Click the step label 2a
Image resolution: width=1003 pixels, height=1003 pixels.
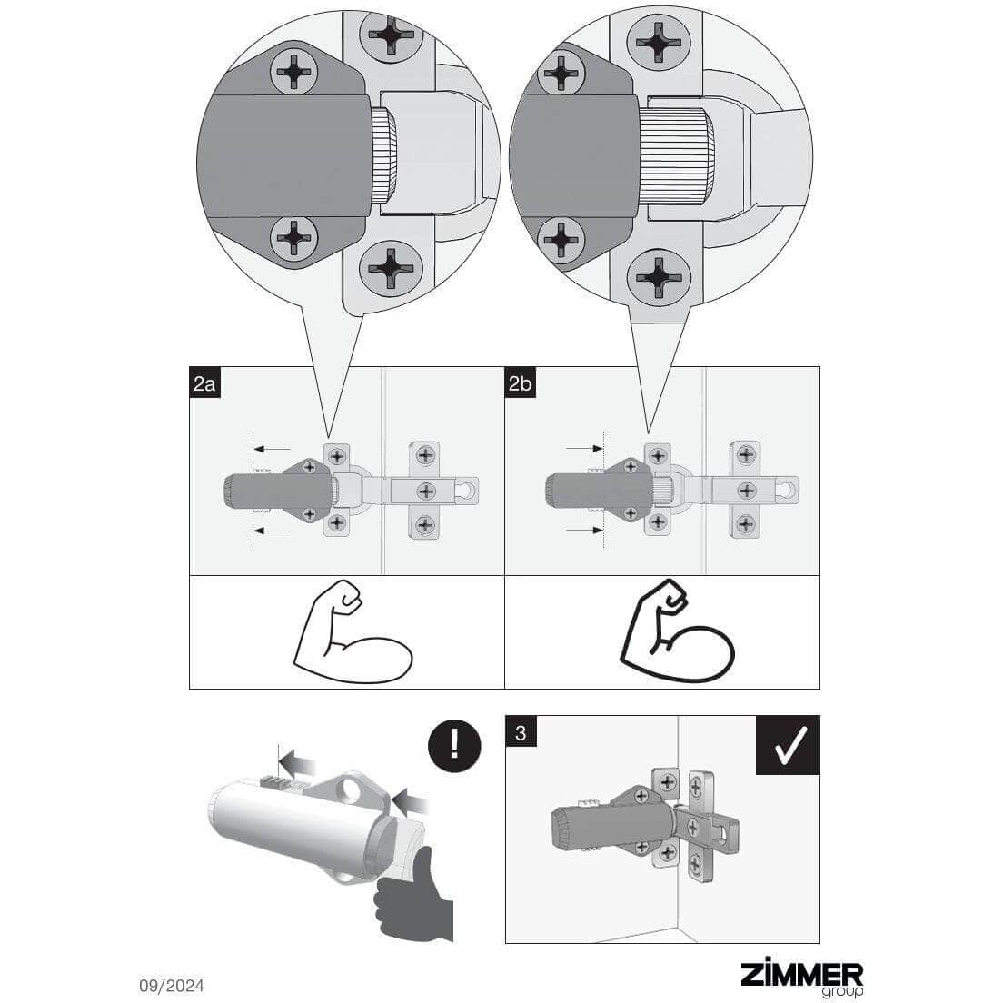(x=204, y=382)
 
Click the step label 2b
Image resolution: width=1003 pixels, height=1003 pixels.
(x=520, y=382)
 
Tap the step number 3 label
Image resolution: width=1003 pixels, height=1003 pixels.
(x=521, y=731)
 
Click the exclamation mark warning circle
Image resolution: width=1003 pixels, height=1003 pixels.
(x=454, y=746)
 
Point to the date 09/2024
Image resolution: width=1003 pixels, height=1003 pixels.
(x=172, y=986)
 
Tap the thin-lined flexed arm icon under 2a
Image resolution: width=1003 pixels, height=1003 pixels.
(x=352, y=632)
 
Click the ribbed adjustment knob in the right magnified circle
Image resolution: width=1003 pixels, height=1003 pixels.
(x=676, y=157)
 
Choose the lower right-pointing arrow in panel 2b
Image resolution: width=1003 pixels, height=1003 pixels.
(x=585, y=531)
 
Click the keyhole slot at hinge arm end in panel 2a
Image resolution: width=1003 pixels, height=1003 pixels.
(x=469, y=490)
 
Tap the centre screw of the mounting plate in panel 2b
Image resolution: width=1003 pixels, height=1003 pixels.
(x=747, y=491)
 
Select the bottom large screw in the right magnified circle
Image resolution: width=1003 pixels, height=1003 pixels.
(x=658, y=277)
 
